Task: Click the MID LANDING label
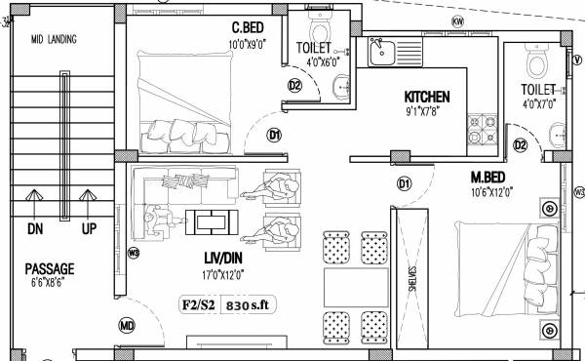click(x=55, y=40)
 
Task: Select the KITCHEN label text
click(x=427, y=97)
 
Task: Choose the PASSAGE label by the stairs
click(x=50, y=268)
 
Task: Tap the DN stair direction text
click(x=35, y=230)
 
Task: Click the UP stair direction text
click(x=88, y=230)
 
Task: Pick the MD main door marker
click(x=127, y=325)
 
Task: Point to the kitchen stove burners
click(x=481, y=128)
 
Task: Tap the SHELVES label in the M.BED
click(x=412, y=280)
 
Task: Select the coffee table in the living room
click(x=212, y=221)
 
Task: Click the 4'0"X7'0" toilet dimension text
click(x=538, y=103)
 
